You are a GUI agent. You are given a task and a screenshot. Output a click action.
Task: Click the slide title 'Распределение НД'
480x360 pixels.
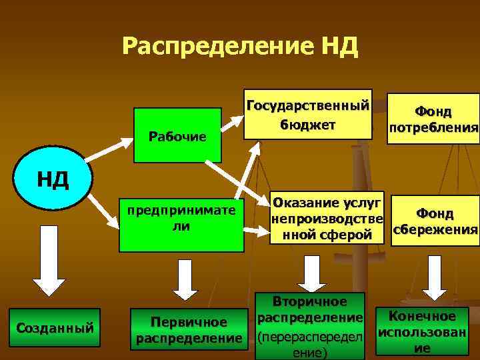pos(241,47)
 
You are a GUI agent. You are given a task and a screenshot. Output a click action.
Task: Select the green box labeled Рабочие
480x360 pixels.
pos(177,135)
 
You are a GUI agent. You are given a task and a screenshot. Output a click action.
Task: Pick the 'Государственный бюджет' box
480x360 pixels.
pos(307,114)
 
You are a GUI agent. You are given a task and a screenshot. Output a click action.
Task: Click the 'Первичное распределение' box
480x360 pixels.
pos(188,330)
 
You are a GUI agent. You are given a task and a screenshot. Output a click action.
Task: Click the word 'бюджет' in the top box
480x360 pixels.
pos(307,125)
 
